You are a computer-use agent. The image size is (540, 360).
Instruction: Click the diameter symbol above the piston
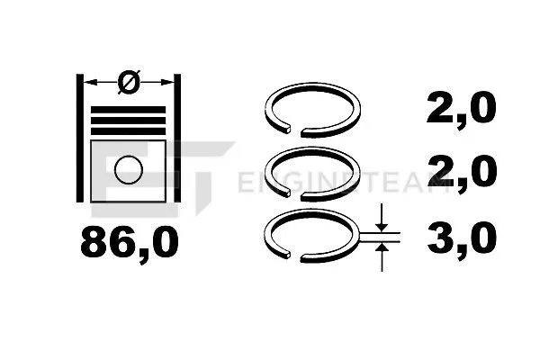(x=129, y=83)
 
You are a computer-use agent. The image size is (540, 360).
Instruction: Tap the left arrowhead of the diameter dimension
(x=89, y=84)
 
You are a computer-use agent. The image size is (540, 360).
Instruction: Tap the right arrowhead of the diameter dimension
(x=168, y=84)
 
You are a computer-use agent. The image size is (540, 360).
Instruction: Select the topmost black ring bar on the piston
(x=129, y=109)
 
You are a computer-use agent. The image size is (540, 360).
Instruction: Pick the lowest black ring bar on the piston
(x=129, y=130)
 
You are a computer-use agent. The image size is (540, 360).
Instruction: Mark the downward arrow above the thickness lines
(x=383, y=219)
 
